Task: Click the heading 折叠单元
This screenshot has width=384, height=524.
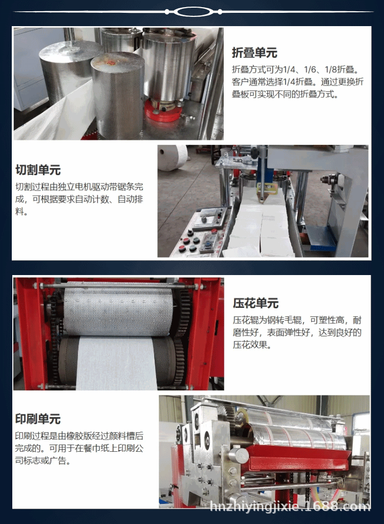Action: pos(254,53)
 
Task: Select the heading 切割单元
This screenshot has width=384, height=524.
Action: pos(38,170)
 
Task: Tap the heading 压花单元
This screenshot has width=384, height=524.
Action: pos(256,303)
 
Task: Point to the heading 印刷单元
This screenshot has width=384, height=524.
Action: pos(38,419)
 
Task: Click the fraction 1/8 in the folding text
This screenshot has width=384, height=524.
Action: pos(331,70)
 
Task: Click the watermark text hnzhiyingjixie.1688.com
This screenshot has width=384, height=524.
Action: pos(290,507)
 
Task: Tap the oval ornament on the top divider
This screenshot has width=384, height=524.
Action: pos(194,12)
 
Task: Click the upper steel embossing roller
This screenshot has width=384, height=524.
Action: pos(119,311)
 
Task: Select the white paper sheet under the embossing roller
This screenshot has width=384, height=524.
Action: pos(117,363)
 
